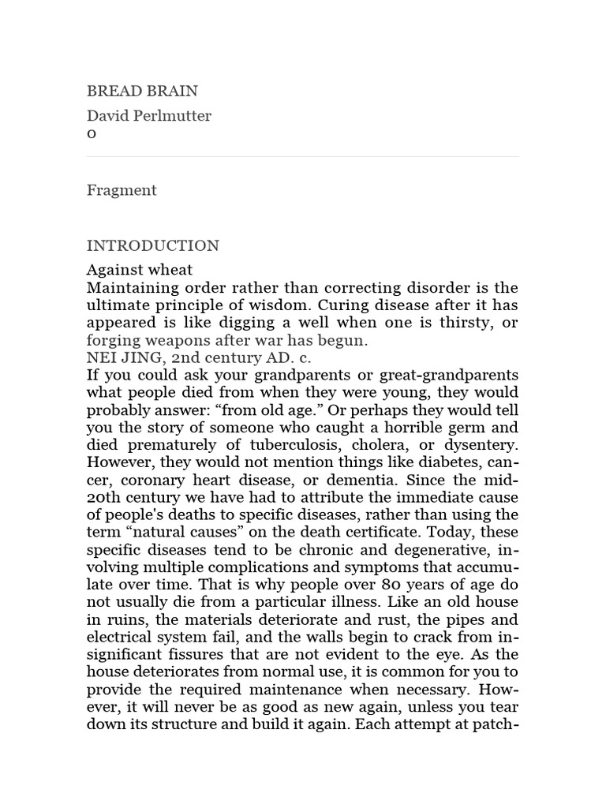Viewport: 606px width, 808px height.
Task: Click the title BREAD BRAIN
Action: tap(142, 91)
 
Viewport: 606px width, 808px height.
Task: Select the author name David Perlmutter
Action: tap(149, 116)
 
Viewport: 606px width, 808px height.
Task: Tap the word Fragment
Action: tap(122, 190)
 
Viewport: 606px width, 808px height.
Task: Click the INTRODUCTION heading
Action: tap(153, 245)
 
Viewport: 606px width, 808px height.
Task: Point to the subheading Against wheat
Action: tap(140, 270)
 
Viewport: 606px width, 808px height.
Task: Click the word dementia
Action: tap(365, 480)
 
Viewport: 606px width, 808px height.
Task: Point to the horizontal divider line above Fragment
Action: tap(303, 156)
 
